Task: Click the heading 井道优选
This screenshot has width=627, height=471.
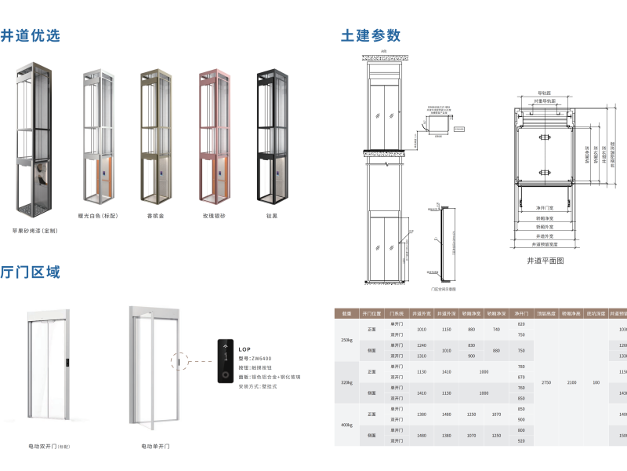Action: pyautogui.click(x=31, y=35)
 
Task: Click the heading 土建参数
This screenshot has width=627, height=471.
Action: pyautogui.click(x=370, y=35)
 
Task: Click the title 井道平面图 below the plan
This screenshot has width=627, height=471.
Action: pyautogui.click(x=545, y=260)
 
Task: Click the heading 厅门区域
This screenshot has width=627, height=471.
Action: pyautogui.click(x=31, y=272)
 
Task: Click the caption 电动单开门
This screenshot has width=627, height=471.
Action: pyautogui.click(x=155, y=446)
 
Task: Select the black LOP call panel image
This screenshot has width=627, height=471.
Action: pyautogui.click(x=227, y=362)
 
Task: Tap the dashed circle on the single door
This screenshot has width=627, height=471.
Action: pyautogui.click(x=178, y=361)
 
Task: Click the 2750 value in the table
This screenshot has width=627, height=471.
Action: pyautogui.click(x=546, y=382)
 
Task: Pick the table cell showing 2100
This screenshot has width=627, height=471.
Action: pyautogui.click(x=572, y=382)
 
